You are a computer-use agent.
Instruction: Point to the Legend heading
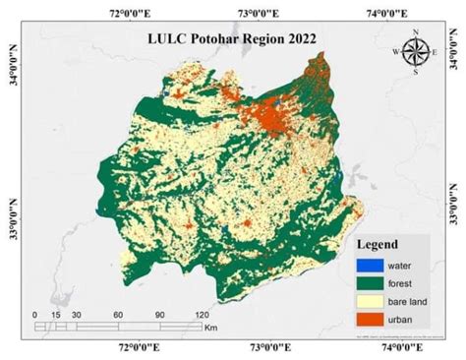click(379, 243)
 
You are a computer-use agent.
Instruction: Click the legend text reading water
click(398, 265)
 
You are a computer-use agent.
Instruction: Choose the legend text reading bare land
click(405, 302)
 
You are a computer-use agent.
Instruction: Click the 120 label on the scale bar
click(201, 314)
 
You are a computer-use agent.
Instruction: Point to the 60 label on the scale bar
click(117, 314)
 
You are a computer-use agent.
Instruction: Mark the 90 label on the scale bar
click(159, 314)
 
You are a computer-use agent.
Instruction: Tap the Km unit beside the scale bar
click(211, 327)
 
